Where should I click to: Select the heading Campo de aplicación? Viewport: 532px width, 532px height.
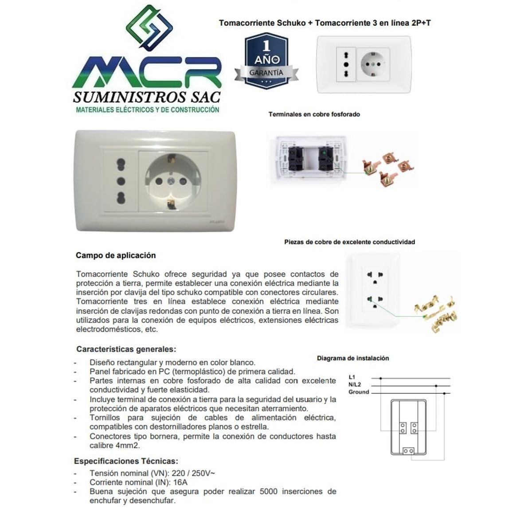[x=116, y=255]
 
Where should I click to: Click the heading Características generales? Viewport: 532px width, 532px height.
[x=126, y=349]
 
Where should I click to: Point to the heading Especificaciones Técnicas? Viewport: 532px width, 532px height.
[x=126, y=461]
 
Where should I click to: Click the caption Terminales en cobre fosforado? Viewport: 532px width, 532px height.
[x=314, y=114]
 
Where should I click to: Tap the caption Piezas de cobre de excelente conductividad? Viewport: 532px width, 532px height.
[x=349, y=242]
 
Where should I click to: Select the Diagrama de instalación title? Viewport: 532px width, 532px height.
[x=353, y=358]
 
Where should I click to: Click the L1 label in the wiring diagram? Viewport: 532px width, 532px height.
[x=352, y=377]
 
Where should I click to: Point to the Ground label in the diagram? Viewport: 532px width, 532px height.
[x=358, y=392]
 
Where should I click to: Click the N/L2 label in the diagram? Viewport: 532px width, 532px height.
[x=355, y=384]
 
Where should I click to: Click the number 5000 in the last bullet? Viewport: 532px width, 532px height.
[x=269, y=492]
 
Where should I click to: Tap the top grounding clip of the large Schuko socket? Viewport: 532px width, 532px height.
[x=170, y=158]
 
